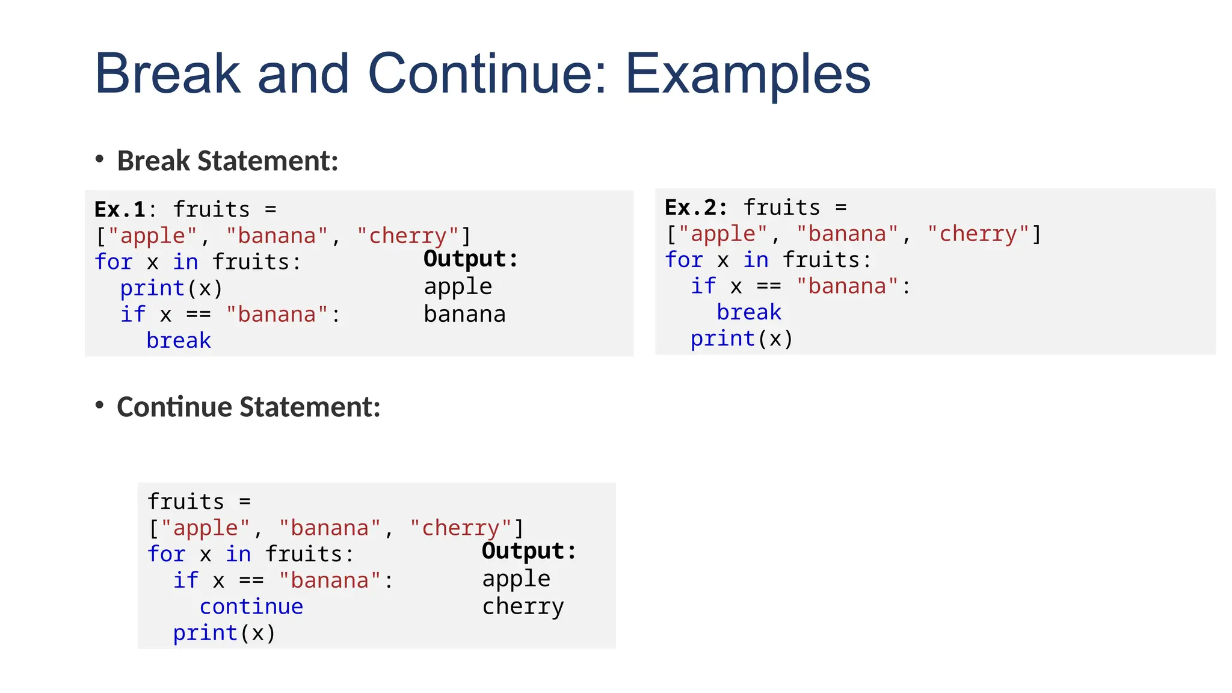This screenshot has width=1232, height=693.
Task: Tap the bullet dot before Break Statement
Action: (x=100, y=159)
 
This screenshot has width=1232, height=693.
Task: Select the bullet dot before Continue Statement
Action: (x=100, y=405)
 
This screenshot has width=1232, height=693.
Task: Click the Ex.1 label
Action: (x=120, y=209)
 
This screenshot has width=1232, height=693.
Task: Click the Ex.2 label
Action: (x=691, y=208)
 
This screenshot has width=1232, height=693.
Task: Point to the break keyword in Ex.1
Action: (x=179, y=340)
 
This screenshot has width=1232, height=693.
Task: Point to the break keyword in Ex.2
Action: (x=749, y=312)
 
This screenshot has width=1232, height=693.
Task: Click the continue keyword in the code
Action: (x=251, y=606)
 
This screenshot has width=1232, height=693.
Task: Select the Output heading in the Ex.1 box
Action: (x=470, y=259)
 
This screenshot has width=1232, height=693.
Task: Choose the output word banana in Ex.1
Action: (x=464, y=314)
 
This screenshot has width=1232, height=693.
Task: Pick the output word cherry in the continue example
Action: (x=523, y=606)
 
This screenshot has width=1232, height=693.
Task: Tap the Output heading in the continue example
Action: (x=529, y=551)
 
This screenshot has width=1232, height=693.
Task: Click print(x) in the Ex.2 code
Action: (x=741, y=339)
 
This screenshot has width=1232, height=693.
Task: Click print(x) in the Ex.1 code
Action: (x=171, y=289)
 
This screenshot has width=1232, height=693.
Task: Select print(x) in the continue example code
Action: (x=224, y=633)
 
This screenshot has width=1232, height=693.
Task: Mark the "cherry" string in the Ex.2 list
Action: (x=978, y=234)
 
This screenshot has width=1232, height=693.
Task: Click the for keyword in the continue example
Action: (x=167, y=554)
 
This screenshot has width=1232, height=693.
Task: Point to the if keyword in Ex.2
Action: (x=703, y=286)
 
